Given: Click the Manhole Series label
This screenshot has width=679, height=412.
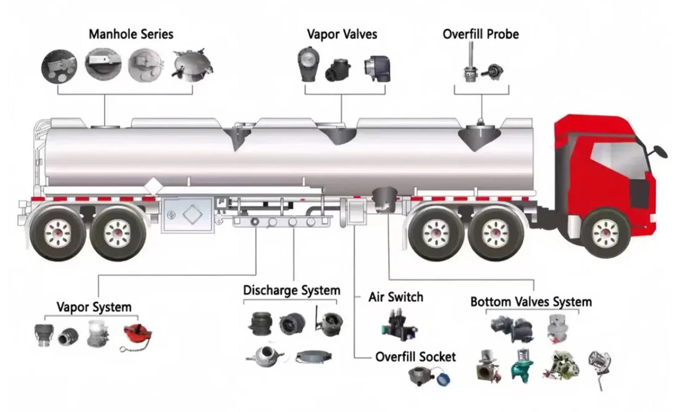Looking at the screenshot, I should [131, 34].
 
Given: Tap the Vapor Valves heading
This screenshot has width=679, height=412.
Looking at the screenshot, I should [342, 34].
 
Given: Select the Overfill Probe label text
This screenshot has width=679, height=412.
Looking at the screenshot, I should [480, 34].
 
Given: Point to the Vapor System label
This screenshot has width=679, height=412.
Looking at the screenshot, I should [94, 307].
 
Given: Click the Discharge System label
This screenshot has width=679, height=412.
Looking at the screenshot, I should [291, 290].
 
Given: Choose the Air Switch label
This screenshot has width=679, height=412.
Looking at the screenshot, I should [396, 297].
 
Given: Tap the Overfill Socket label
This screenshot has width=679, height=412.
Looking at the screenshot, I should [415, 357].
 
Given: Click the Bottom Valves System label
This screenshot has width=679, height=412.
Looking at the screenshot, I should [531, 302].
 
